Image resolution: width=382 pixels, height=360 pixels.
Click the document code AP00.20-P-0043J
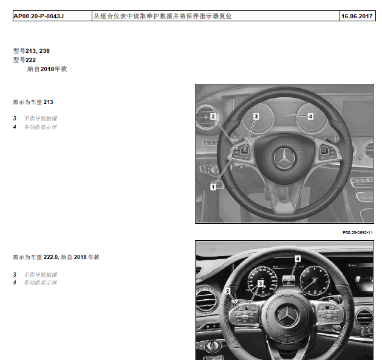pos(39,16)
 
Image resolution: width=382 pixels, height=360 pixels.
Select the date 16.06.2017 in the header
pos(357,16)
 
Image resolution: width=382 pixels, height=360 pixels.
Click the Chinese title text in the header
pos(163,16)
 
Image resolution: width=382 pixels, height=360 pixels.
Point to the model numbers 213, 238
pos(38,50)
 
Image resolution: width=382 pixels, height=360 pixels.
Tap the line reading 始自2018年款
pos(47,69)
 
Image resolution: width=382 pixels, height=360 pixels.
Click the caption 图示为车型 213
pos(33,102)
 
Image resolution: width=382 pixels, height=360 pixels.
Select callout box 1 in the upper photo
pos(213,187)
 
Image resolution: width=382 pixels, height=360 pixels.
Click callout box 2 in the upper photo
pos(213,116)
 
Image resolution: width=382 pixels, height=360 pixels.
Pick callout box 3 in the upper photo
pos(256,116)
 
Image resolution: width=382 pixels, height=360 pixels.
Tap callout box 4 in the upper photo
pos(310,116)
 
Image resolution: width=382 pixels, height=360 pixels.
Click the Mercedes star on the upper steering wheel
pos(284,158)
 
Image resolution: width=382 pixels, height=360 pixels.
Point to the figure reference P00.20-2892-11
pos(358,233)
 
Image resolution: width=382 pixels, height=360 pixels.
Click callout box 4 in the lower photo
pos(298,258)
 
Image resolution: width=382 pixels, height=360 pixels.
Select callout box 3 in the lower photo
pos(261,283)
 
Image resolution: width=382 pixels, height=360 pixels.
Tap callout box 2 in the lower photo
pos(228,291)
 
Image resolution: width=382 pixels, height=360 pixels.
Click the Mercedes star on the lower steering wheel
pos(287,316)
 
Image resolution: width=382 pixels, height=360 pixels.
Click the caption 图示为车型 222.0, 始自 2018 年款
pos(56,257)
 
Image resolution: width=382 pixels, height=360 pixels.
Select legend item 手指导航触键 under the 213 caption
pos(41,119)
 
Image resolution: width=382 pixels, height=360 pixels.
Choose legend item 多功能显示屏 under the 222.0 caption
pos(41,283)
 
